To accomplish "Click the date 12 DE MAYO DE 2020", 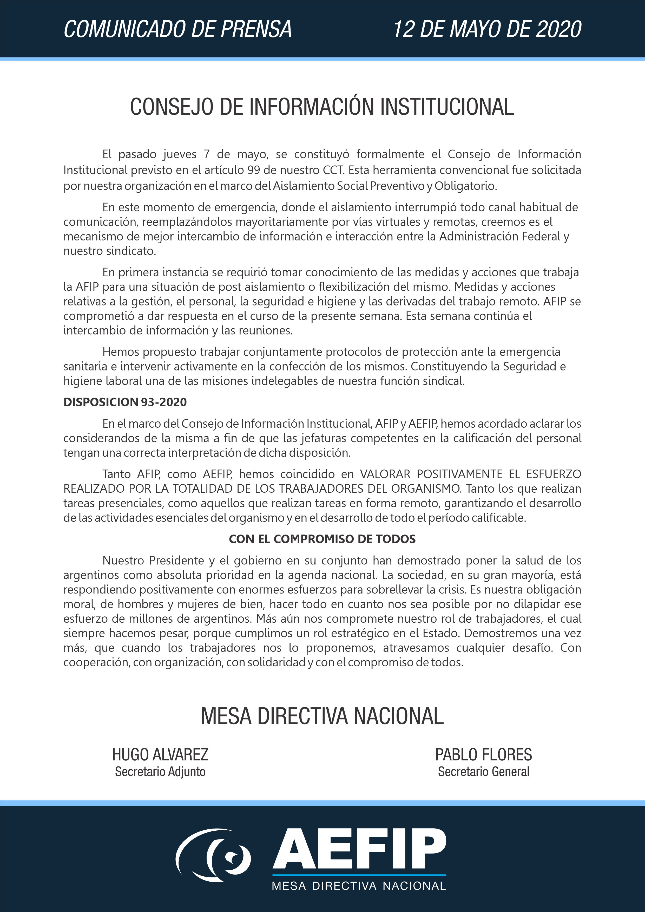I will (487, 29).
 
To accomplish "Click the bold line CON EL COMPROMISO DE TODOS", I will (322, 539).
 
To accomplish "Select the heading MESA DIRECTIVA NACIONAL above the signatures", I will (322, 716).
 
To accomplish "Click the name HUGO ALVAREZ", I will (160, 755).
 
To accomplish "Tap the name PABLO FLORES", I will (483, 755).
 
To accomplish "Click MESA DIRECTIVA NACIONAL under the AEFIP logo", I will (359, 886).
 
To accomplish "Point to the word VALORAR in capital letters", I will (385, 474).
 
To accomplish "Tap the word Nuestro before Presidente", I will (123, 561).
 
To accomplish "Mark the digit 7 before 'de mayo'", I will (207, 154).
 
